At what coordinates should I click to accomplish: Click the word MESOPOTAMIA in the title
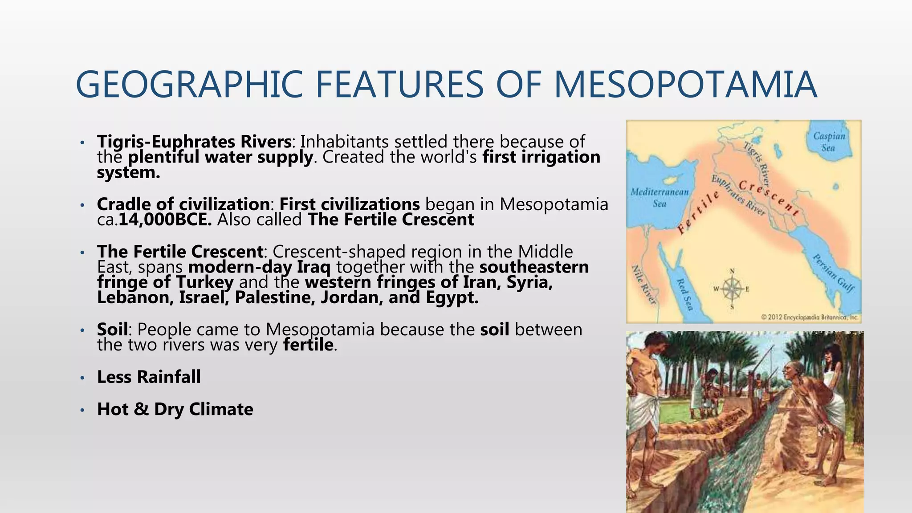pos(686,85)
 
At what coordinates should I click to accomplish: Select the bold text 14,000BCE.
pos(165,220)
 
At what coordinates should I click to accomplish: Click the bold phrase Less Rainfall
pos(149,377)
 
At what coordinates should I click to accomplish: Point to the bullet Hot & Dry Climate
pos(175,409)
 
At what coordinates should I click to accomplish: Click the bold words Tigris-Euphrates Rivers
pos(194,142)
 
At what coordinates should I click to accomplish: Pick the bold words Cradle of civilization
pos(183,204)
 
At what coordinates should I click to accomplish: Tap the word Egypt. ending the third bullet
pos(452,297)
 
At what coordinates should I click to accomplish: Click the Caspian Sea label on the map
pos(829,142)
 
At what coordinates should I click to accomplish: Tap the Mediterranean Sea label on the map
pos(660,198)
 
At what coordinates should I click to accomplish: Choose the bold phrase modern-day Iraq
pos(260,267)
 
